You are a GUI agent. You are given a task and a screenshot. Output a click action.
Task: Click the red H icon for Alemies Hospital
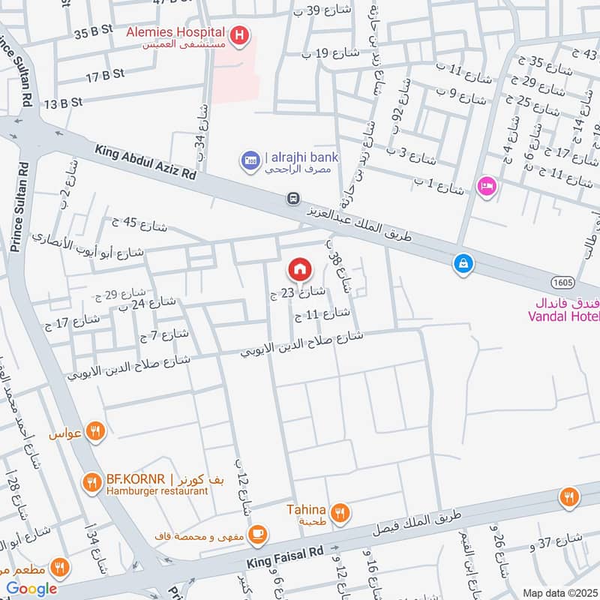(239, 34)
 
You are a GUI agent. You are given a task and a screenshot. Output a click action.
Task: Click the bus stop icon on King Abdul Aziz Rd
(293, 199)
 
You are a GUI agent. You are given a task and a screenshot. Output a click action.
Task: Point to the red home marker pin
(299, 268)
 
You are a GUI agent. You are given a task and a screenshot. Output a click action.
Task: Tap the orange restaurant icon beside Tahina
(340, 513)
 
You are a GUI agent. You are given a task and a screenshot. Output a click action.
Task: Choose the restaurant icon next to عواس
(94, 431)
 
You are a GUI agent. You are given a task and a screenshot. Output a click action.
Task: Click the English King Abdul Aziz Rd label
(145, 162)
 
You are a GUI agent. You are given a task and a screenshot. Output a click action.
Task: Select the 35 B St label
(93, 34)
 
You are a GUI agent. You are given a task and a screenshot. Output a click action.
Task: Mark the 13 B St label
(62, 102)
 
